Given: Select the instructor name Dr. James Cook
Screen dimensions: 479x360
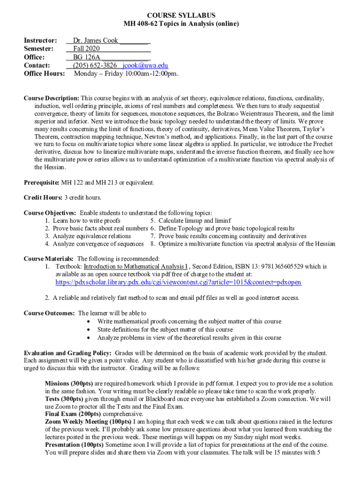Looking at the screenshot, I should tap(95, 41).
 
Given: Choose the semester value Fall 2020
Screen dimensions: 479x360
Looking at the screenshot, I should tap(86, 49).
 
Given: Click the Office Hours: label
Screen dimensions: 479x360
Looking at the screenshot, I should tap(44, 74).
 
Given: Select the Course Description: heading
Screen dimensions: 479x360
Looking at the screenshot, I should tap(51, 98).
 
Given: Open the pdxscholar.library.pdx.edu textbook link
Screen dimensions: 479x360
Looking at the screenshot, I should tap(178, 283).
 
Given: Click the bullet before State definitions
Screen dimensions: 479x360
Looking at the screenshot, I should tap(89, 330).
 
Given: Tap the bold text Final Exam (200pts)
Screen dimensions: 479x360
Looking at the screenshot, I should tap(68, 414).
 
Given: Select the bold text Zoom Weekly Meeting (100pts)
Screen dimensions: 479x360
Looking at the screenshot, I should tap(88, 422).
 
